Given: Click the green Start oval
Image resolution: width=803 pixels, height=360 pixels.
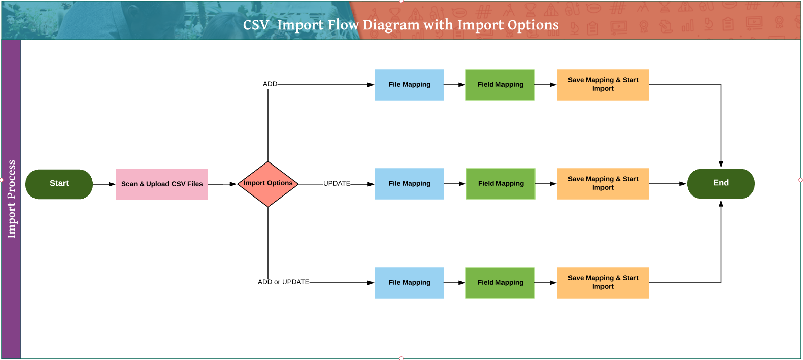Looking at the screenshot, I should point(59,184).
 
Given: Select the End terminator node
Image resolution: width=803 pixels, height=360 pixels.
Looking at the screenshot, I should point(721,183).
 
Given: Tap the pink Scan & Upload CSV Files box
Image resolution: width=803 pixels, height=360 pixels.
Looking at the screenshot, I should point(162,184).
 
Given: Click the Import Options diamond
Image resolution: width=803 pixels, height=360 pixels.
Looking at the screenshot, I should point(268,184).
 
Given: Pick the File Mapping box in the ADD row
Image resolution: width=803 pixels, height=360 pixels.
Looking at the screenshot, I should point(409,85).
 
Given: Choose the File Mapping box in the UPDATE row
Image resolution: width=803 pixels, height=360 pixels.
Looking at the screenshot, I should point(409,184).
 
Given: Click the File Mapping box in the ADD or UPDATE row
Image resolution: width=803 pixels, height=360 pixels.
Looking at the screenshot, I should point(409,283).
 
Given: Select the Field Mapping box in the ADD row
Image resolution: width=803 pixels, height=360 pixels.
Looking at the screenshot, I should point(500,85).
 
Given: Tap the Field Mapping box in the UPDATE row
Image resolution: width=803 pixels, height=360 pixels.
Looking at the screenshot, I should point(500,184).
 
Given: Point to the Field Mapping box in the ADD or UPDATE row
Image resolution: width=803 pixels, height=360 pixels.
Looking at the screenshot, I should point(500,283).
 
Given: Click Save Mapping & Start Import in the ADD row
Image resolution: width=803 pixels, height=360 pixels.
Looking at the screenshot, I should point(603,85).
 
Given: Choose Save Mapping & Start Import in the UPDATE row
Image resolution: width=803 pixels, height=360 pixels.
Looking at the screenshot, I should point(603,184).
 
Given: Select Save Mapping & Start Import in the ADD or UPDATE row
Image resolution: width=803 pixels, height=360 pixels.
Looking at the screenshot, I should point(603,283).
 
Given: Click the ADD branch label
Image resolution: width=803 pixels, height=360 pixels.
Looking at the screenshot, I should point(270,84).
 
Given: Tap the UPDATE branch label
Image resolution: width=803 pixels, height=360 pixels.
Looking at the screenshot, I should point(337,184).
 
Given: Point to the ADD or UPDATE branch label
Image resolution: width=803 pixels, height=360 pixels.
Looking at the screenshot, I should point(283,282).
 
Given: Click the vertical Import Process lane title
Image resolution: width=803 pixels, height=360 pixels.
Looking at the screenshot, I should point(11,199).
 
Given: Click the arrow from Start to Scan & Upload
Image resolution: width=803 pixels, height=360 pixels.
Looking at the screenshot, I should point(104,184).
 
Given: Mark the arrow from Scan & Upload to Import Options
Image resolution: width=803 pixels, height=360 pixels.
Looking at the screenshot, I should point(222,184).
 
